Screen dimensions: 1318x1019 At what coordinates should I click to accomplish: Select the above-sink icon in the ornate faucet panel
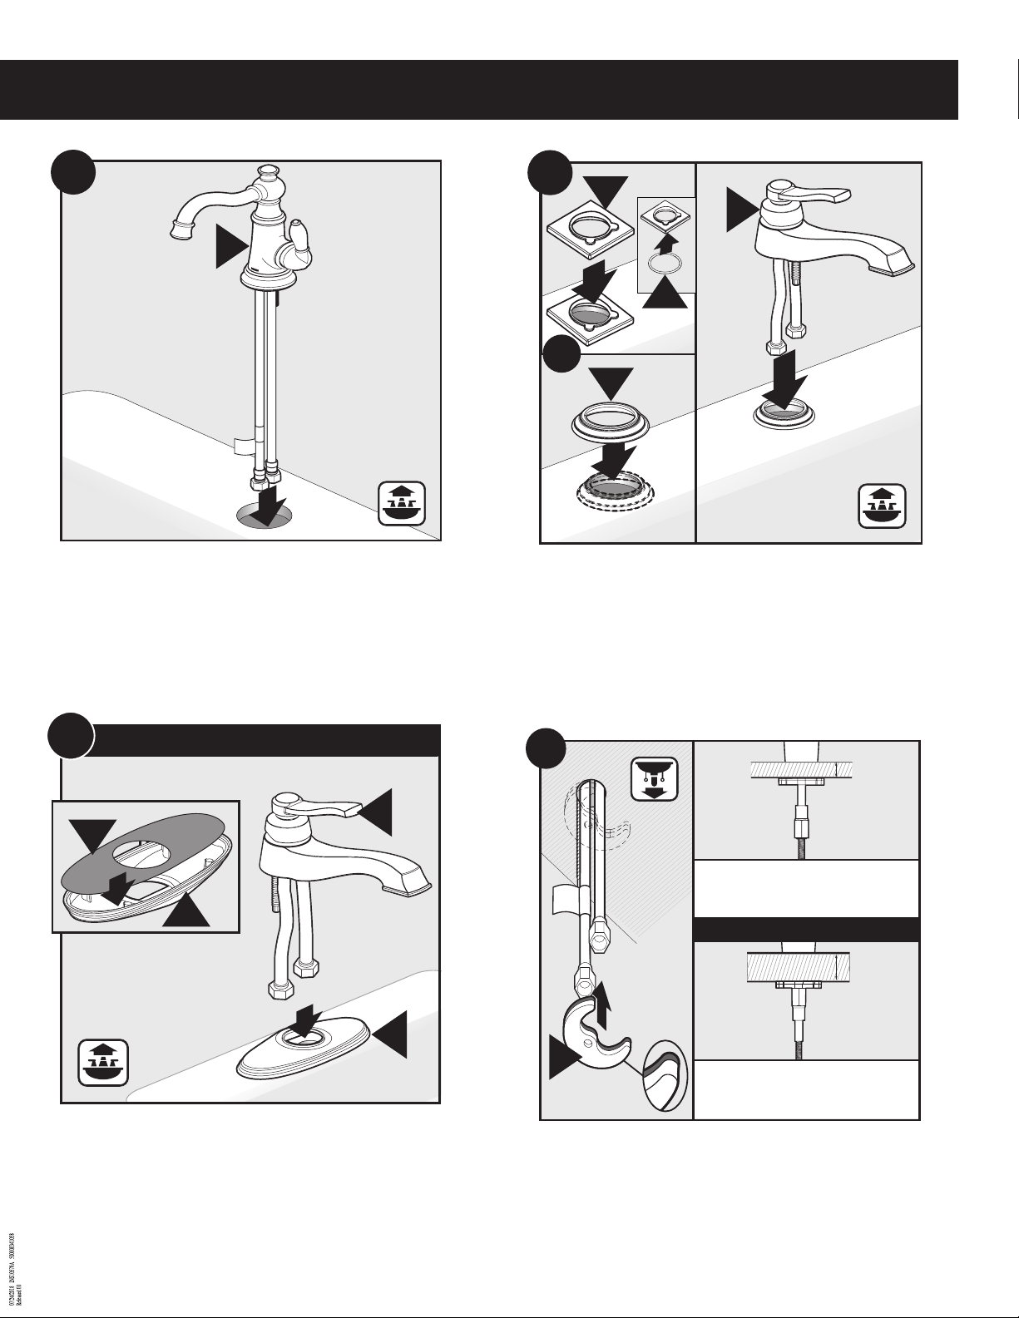[x=402, y=503]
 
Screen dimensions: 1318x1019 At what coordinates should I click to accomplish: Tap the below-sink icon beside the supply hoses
[x=655, y=778]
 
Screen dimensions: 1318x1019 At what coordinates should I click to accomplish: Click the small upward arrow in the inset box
[x=664, y=239]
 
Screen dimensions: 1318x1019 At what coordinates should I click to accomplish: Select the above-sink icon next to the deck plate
[x=103, y=1062]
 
